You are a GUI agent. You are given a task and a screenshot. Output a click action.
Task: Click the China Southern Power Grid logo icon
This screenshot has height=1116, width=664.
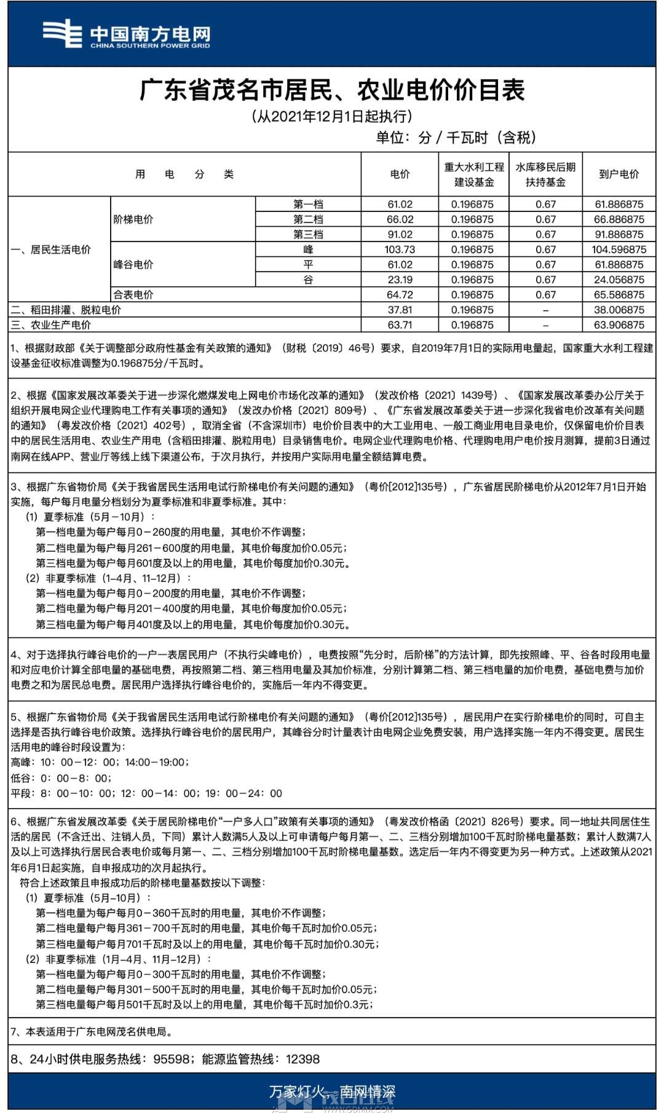tap(62, 33)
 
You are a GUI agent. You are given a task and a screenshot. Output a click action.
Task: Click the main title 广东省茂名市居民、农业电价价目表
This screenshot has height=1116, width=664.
tap(332, 90)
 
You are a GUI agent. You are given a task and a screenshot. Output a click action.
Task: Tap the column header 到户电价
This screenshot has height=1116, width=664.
tap(619, 175)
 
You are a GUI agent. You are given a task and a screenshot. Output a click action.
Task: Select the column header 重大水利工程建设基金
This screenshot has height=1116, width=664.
tap(474, 175)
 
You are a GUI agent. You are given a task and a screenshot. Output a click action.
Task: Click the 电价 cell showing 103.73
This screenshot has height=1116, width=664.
tap(400, 250)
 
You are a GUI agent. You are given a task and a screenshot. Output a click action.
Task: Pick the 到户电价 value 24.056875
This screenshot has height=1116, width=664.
tap(619, 280)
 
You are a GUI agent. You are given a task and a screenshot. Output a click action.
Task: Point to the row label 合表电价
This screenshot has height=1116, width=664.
tap(133, 295)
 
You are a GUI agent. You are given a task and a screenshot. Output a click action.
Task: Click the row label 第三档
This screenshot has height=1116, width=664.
tap(308, 235)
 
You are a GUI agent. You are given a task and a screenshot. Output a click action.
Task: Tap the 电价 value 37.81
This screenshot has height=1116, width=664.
tap(400, 310)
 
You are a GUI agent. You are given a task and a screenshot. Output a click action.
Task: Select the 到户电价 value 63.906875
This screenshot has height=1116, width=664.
tap(619, 325)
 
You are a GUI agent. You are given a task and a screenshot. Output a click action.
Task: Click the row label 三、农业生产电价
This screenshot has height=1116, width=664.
tap(51, 325)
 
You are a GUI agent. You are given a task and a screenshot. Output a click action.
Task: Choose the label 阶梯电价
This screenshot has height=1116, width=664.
tap(133, 219)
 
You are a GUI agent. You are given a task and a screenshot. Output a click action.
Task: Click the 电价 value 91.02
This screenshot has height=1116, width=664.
tap(400, 235)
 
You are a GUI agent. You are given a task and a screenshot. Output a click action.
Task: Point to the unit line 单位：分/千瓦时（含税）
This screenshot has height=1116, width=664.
tap(456, 137)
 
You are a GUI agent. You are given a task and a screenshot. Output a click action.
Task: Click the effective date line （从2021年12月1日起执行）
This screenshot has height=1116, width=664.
tap(332, 116)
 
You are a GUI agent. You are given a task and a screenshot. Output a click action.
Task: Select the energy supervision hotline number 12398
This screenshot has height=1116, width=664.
tap(303, 1059)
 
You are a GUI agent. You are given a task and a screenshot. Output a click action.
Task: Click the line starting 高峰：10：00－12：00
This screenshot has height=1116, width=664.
tap(100, 762)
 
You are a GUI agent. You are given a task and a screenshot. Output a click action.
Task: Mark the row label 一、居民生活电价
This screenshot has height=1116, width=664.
tap(51, 250)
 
